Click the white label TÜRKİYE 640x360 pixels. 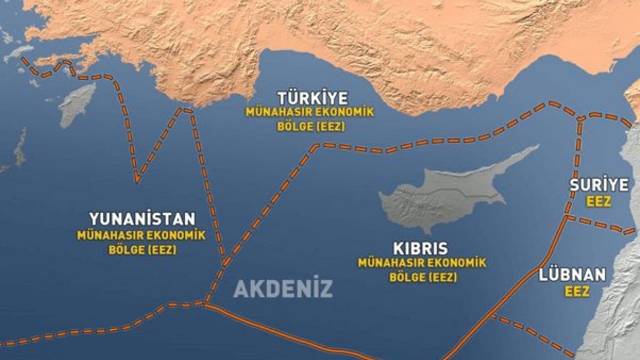click(x=313, y=97)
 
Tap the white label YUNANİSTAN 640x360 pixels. click(x=142, y=219)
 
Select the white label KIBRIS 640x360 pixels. click(x=420, y=248)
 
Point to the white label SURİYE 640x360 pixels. click(x=599, y=185)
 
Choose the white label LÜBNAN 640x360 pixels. click(x=572, y=274)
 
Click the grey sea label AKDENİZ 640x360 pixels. click(x=283, y=288)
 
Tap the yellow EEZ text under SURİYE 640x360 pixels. click(x=599, y=201)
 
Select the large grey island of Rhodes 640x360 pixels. click(x=77, y=105)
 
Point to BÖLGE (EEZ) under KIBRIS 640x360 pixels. click(x=423, y=276)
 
